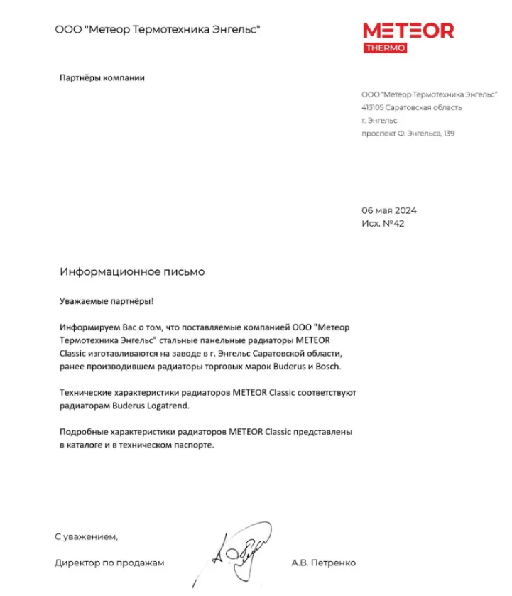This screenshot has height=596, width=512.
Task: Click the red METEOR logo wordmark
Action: tap(408, 31)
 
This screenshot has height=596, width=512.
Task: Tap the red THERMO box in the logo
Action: tap(386, 48)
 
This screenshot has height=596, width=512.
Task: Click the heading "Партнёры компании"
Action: tap(102, 77)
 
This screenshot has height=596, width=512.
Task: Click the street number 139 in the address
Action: tap(448, 133)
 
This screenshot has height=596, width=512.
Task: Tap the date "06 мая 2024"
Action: tap(388, 210)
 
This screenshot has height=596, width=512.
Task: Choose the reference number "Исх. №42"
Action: tap(383, 224)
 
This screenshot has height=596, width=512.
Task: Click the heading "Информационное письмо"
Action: tap(132, 272)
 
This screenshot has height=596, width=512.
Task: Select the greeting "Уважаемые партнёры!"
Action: tap(107, 301)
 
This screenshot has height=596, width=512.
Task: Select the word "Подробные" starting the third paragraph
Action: tap(83, 432)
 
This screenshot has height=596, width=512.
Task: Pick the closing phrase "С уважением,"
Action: tap(86, 536)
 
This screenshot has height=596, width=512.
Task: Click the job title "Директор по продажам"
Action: tap(109, 563)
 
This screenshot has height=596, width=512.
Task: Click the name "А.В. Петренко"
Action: tap(323, 563)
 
